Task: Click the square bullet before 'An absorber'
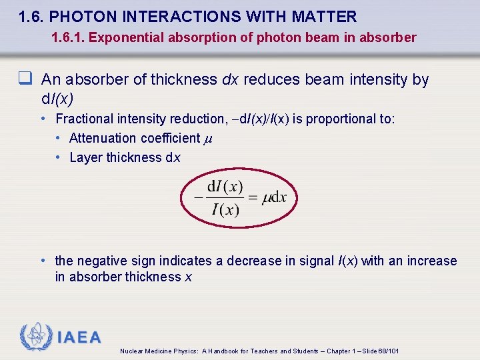[x=27, y=79]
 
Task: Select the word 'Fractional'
[x=83, y=119]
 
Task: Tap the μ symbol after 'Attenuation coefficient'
[x=207, y=139]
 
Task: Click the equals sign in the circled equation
[x=253, y=198]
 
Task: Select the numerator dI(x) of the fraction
[x=225, y=186]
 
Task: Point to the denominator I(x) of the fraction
[x=225, y=210]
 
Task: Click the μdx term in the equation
[x=275, y=198]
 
